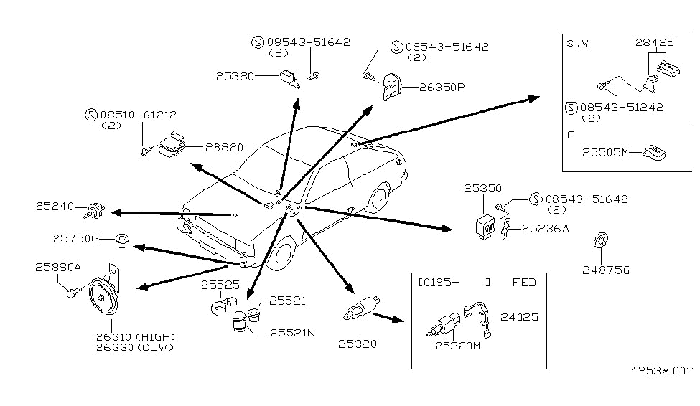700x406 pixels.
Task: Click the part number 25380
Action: [235, 75]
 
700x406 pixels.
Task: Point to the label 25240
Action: [55, 207]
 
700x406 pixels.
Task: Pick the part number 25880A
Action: [58, 267]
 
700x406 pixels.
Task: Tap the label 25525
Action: [220, 285]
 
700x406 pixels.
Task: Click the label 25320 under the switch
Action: [358, 344]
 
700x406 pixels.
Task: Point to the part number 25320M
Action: [457, 346]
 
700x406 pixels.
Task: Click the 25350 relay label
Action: [482, 188]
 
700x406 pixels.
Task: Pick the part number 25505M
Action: [605, 152]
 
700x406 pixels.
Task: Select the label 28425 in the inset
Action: [654, 42]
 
